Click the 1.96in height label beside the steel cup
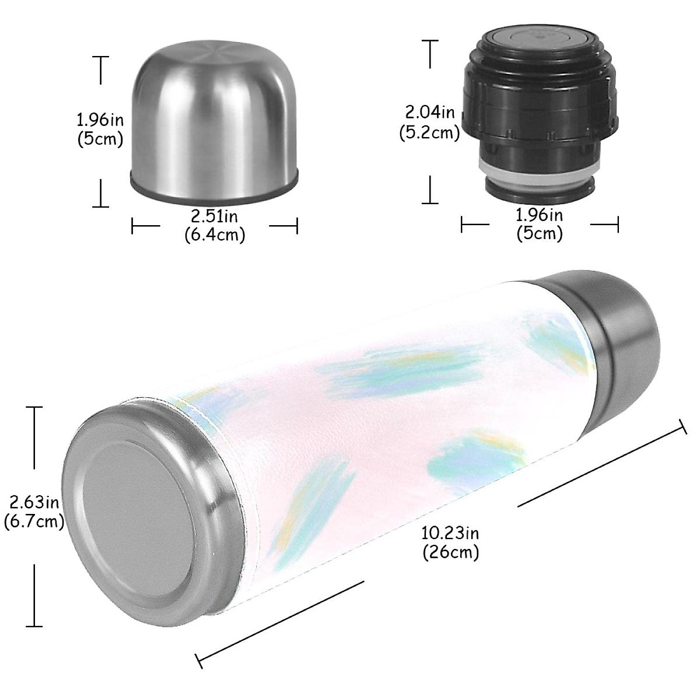coord(100,120)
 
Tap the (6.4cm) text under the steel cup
coord(215,235)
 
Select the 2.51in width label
coord(215,216)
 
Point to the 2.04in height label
coord(429,111)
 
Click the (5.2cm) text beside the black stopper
coord(429,132)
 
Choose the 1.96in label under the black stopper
coord(540,215)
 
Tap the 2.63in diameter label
coord(34,502)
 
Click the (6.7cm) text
coord(34,521)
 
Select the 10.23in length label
coord(450,533)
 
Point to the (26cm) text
coord(450,551)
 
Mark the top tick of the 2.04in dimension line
coord(430,40)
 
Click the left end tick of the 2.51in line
coord(133,226)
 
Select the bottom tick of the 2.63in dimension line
coord(34,626)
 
